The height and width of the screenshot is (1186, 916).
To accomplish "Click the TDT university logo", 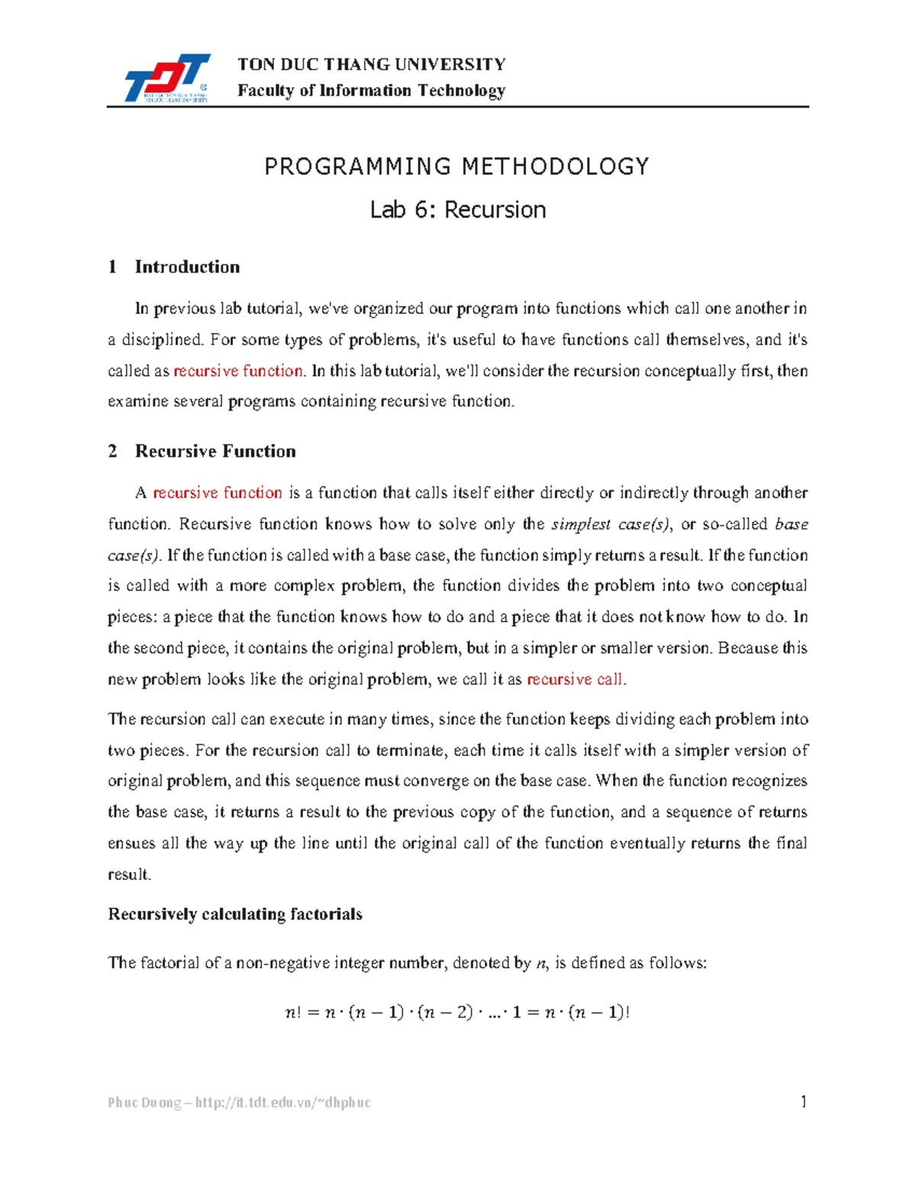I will coord(166,78).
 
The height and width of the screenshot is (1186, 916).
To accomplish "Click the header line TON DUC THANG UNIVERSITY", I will coord(371,64).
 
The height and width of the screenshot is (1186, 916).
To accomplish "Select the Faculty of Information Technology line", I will coord(371,91).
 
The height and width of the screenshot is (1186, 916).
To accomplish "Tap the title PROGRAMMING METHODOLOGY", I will coord(456,166).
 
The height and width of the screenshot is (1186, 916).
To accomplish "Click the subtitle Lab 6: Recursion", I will coord(457,210).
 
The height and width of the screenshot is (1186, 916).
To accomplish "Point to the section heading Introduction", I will coord(187,267).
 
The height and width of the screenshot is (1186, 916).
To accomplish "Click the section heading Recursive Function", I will coord(215,451).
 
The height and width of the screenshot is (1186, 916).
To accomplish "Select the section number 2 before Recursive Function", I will coord(113,451).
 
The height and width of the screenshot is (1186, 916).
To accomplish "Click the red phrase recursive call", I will coord(575,680).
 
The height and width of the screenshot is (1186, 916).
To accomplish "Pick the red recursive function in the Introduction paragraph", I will coord(238,371).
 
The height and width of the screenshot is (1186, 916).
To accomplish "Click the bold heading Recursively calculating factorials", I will coord(235,915).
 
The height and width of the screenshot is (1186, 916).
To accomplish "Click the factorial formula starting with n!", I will coord(456,1013).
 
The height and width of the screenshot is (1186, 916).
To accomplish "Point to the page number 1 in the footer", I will coord(803,1101).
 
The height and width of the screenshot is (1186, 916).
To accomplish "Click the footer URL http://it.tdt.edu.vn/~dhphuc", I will coord(283,1103).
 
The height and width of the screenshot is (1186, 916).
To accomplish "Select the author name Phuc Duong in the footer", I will coord(144,1103).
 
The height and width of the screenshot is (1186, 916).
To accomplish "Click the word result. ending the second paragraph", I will coord(130,875).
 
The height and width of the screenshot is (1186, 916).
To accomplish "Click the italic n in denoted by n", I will coord(541,964).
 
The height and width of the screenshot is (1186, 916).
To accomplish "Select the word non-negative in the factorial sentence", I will coord(293,963).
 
